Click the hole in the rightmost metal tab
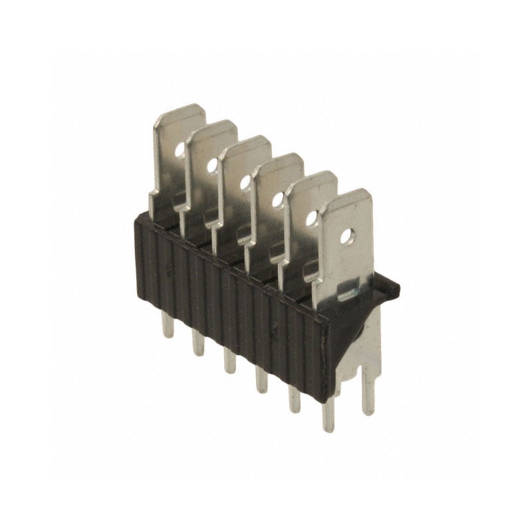coord(346,235)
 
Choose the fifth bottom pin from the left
coord(293,396)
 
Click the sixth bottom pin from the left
coord(327,416)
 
